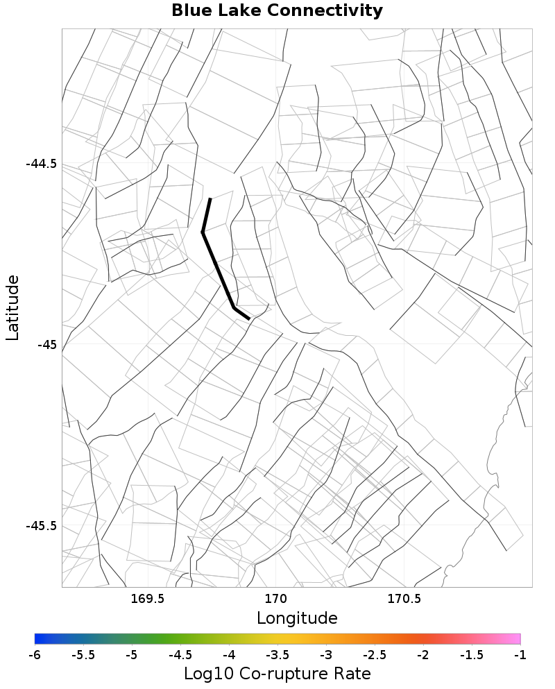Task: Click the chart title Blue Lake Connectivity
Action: pos(277,11)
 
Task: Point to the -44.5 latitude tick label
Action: pos(42,164)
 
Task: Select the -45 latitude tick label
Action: pos(46,345)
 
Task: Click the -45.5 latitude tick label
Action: pos(42,526)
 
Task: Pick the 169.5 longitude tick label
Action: pos(147,599)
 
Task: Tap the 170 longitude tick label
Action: pos(276,599)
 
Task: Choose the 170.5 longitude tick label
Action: pos(404,599)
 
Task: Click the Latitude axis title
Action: pos(12,307)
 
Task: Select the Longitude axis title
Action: pos(297,618)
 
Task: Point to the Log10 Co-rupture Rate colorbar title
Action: pos(277,674)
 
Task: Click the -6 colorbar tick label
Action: pos(35,656)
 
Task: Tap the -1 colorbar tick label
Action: pos(520,656)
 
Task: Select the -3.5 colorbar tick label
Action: pos(277,656)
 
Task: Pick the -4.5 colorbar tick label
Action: pos(180,656)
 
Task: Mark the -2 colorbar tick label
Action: pos(422,656)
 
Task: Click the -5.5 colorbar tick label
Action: pos(83,656)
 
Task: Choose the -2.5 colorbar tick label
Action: pos(374,656)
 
